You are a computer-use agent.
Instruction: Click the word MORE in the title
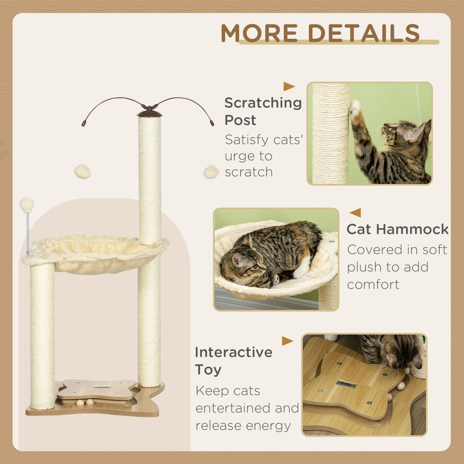(259, 33)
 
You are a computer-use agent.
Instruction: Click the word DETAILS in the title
(363, 33)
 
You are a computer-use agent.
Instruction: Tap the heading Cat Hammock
(397, 229)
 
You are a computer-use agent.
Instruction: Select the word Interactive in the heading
(233, 352)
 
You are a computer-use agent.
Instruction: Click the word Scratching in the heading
(263, 103)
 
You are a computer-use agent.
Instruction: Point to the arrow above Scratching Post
(289, 87)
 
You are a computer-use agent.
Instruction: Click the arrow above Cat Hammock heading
(355, 213)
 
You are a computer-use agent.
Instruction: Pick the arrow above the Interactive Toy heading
(287, 341)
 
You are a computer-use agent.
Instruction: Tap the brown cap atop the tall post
(150, 113)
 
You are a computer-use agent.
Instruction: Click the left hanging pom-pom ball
(83, 171)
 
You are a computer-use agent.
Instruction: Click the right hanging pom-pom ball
(211, 172)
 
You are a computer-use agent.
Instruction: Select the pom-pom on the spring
(27, 205)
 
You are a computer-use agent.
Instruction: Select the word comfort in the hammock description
(373, 285)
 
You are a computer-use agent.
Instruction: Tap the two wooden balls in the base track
(85, 402)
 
